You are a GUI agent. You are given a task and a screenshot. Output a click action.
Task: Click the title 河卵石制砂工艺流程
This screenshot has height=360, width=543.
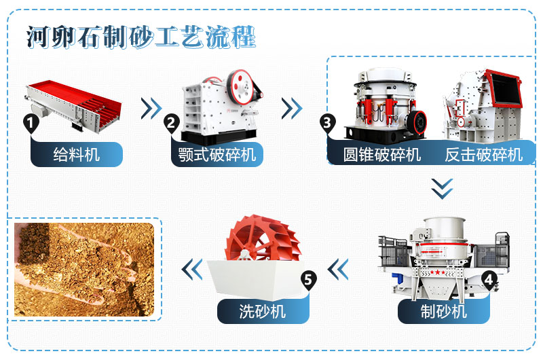[141, 37]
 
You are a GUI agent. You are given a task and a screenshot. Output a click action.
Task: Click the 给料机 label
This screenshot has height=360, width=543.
[76, 154]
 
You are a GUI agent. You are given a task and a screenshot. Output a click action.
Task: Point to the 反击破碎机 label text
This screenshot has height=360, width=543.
[484, 154]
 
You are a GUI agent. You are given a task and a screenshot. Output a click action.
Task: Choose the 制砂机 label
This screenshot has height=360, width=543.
[443, 312]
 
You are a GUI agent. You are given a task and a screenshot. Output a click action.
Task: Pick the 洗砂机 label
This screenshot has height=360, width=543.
[263, 312]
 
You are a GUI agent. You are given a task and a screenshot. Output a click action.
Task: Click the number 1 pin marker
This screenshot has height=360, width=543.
[30, 123]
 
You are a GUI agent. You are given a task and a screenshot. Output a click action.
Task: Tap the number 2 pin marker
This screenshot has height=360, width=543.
[171, 123]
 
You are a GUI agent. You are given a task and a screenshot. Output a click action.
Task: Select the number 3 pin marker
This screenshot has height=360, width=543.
[328, 123]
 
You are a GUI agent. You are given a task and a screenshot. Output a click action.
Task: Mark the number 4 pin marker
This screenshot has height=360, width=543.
[489, 278]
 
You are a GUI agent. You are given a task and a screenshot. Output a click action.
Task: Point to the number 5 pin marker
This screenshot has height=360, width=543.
[309, 278]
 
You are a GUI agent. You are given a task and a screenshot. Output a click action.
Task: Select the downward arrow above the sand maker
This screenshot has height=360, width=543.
[442, 188]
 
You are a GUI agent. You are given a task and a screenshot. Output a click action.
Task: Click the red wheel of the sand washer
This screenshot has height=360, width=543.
[256, 241]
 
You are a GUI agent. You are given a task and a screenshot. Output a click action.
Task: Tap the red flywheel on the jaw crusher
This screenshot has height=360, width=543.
[240, 85]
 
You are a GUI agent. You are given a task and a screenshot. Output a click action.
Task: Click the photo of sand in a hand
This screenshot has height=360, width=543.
[84, 269]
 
